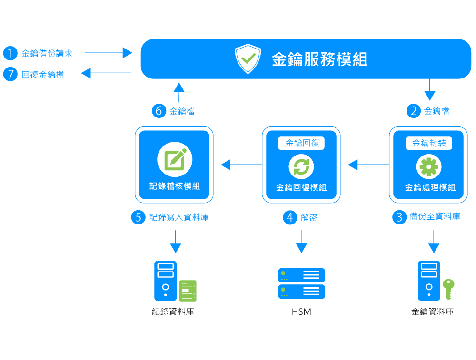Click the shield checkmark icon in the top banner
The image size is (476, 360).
point(248,59)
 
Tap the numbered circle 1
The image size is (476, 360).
point(10,53)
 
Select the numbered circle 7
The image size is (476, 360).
point(10,75)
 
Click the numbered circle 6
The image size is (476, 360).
point(159,111)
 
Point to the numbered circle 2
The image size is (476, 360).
point(413,111)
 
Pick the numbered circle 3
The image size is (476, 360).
point(399,217)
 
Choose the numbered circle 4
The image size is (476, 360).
point(289,218)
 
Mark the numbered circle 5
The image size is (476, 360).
point(138,217)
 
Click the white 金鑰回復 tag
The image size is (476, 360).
point(302,143)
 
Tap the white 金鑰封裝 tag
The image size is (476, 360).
point(429,143)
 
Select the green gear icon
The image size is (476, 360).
point(429,167)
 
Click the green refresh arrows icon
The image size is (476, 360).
point(301,167)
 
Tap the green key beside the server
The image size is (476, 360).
point(448,288)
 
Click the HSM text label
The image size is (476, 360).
point(301,312)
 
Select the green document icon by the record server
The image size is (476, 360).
point(188,291)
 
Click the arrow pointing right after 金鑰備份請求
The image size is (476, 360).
point(109,53)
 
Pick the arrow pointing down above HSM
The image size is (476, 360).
point(301,242)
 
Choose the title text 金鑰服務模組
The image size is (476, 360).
point(319,59)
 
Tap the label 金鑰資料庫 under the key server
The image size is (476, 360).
point(432,312)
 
